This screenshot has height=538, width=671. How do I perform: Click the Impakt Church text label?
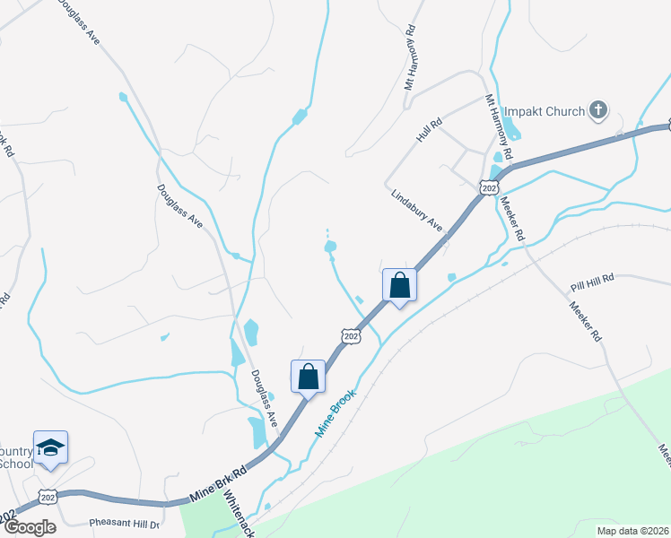(x=544, y=112)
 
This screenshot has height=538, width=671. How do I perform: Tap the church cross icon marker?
(x=598, y=112)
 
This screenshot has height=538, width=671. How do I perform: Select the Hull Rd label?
(x=430, y=130)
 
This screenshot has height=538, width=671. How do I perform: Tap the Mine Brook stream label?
(x=335, y=412)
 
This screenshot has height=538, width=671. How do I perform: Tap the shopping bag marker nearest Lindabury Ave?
(x=399, y=286)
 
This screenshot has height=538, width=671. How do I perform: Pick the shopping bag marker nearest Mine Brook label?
(x=308, y=377)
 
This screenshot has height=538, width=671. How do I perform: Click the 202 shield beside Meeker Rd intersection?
(x=488, y=186)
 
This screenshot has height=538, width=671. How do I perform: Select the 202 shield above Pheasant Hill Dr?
(x=49, y=496)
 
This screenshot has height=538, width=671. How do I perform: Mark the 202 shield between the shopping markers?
(x=352, y=335)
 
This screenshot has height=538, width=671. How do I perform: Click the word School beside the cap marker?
(x=16, y=464)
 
